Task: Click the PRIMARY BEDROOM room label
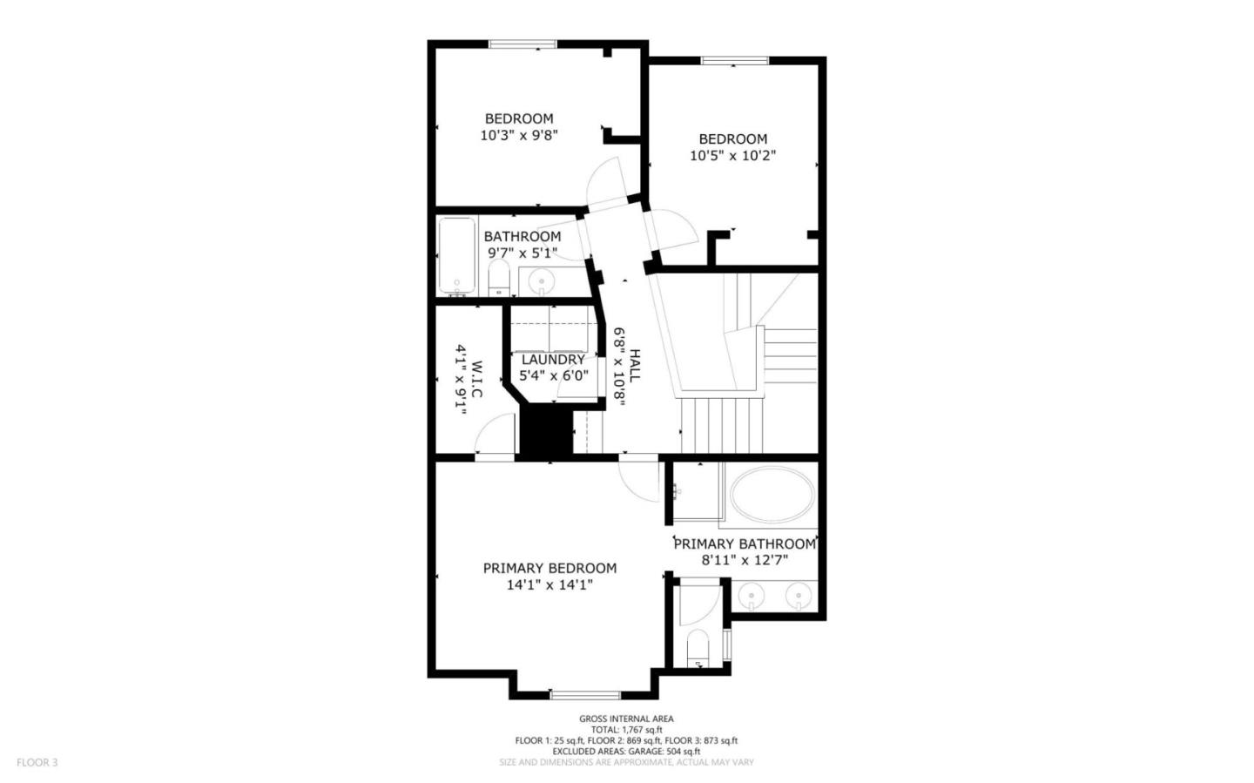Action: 549,568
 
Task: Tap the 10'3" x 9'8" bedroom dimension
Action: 518,135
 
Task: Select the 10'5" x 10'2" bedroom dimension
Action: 732,155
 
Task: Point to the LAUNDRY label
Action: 553,359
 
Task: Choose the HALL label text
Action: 635,366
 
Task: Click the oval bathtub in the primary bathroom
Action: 772,495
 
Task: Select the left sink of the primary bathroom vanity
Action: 749,597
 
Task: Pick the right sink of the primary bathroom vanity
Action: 796,597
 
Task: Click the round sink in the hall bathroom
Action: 543,281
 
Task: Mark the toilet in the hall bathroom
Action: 498,279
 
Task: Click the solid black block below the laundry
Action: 546,433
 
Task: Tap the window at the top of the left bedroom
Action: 522,44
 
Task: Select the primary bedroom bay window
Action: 585,694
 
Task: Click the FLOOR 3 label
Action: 37,762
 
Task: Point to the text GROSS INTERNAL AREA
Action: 626,719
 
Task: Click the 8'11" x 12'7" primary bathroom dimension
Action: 745,560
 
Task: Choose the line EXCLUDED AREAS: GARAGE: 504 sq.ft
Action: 626,751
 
